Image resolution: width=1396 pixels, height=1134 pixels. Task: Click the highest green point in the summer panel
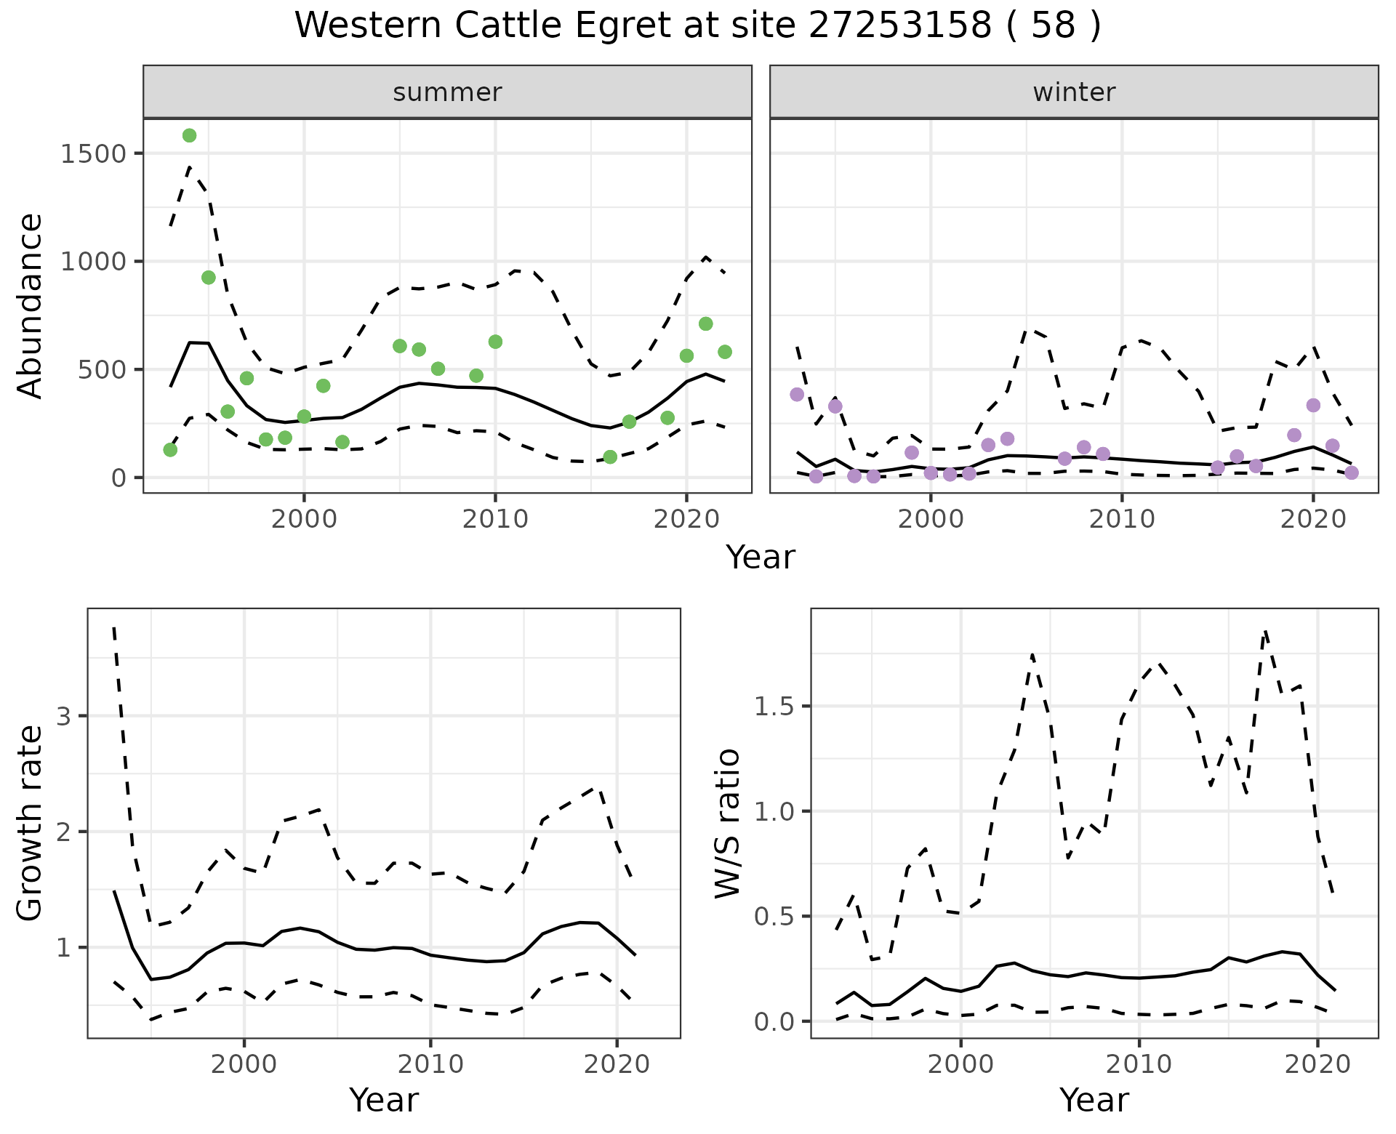pyautogui.click(x=190, y=135)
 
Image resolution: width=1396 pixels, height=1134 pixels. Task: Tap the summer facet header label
pyautogui.click(x=447, y=92)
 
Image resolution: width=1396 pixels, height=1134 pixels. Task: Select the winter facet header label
pyautogui.click(x=1074, y=92)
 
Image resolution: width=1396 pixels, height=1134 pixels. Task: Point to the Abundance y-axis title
pyautogui.click(x=31, y=305)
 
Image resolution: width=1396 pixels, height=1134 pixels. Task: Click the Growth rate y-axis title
pyautogui.click(x=31, y=823)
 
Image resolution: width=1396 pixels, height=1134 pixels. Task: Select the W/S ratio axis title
pyautogui.click(x=727, y=823)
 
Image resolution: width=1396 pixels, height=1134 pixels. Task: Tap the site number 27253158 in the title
pyautogui.click(x=899, y=26)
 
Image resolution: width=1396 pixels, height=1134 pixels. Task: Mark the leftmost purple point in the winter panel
pyautogui.click(x=797, y=395)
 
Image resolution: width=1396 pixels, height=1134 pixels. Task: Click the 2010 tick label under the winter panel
pyautogui.click(x=1122, y=519)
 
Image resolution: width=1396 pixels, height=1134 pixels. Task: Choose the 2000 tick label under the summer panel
pyautogui.click(x=304, y=519)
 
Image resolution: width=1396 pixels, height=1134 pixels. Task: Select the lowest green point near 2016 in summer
pyautogui.click(x=610, y=457)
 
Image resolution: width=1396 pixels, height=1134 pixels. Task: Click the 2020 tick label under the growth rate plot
pyautogui.click(x=617, y=1064)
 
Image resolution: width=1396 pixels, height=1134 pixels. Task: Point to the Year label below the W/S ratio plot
pyautogui.click(x=1094, y=1101)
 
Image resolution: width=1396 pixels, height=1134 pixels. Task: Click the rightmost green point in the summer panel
pyautogui.click(x=725, y=352)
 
